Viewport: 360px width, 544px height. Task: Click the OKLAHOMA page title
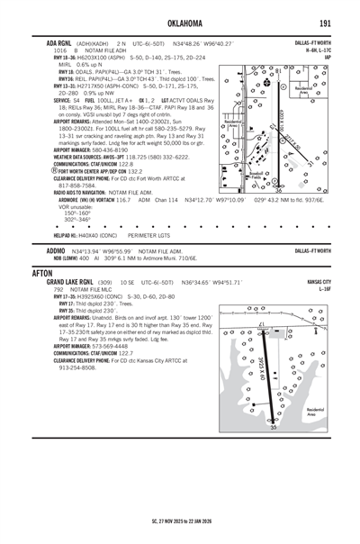[179, 20]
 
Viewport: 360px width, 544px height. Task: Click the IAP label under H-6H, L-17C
[328, 57]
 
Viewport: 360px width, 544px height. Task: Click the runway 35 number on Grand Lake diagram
[274, 427]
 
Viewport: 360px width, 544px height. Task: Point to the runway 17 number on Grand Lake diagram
[261, 325]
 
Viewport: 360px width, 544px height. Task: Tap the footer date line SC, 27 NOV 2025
[180, 520]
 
